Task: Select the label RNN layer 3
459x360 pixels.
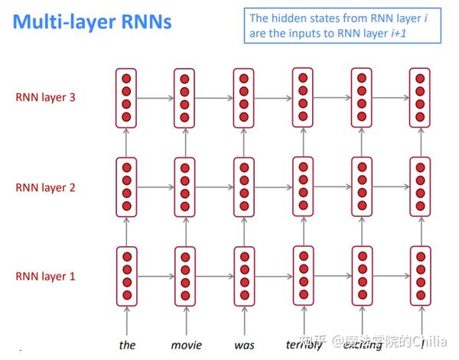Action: click(46, 98)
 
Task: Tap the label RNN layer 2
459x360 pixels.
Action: click(46, 187)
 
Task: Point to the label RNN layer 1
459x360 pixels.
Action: click(46, 277)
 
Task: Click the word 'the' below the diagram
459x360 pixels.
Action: click(127, 345)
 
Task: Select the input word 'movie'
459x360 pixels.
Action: click(186, 345)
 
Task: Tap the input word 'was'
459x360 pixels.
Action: click(244, 345)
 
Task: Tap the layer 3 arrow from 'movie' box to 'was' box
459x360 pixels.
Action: click(214, 98)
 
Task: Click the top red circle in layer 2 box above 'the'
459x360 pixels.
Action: click(127, 167)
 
